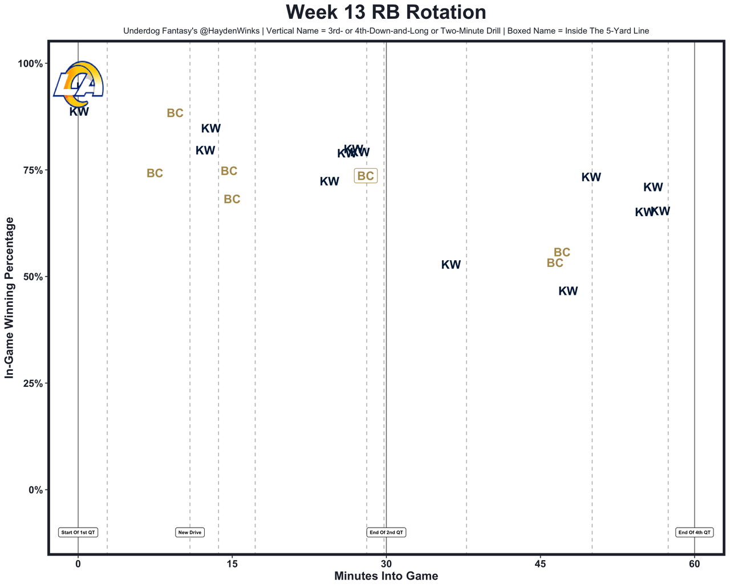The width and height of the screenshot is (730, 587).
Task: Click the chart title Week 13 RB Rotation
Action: pyautogui.click(x=386, y=13)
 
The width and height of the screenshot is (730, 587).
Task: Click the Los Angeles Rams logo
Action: pyautogui.click(x=78, y=84)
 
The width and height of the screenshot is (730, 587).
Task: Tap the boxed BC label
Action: pyautogui.click(x=366, y=176)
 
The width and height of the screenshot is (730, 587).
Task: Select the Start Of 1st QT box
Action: pyautogui.click(x=79, y=532)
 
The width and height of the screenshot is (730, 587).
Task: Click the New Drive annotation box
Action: pyautogui.click(x=190, y=532)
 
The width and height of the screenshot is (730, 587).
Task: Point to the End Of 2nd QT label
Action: pyautogui.click(x=386, y=532)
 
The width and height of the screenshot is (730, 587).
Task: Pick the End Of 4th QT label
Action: pyautogui.click(x=694, y=532)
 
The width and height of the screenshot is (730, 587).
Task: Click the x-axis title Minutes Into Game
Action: pyautogui.click(x=386, y=576)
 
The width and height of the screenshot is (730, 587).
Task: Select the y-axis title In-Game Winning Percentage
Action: pyautogui.click(x=9, y=298)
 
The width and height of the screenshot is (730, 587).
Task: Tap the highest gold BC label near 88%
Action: pyautogui.click(x=175, y=113)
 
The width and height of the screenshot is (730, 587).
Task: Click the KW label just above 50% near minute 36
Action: pyautogui.click(x=451, y=265)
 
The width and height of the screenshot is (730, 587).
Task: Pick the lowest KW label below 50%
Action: pyautogui.click(x=568, y=291)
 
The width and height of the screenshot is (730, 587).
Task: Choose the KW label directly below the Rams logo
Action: pyautogui.click(x=79, y=112)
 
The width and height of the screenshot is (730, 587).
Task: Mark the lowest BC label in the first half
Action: pyautogui.click(x=232, y=199)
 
